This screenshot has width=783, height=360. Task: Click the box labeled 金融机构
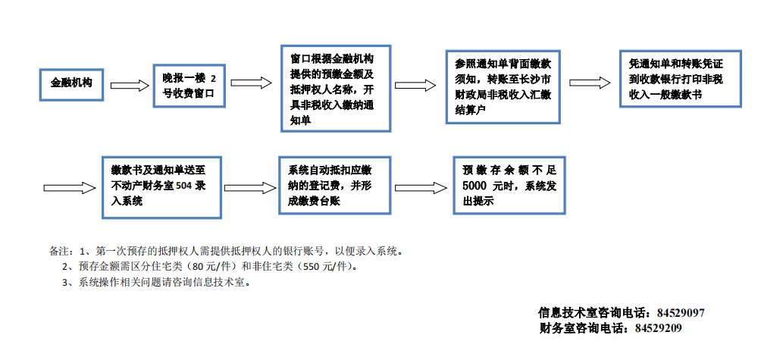pyautogui.click(x=72, y=83)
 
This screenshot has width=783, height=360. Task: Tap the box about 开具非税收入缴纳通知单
pyautogui.click(x=334, y=88)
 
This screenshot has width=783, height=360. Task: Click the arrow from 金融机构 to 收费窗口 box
pyautogui.click(x=130, y=84)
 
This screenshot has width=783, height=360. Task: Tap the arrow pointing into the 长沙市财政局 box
pyautogui.click(x=416, y=84)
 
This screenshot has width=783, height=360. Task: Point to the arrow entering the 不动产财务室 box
pyautogui.click(x=69, y=187)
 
